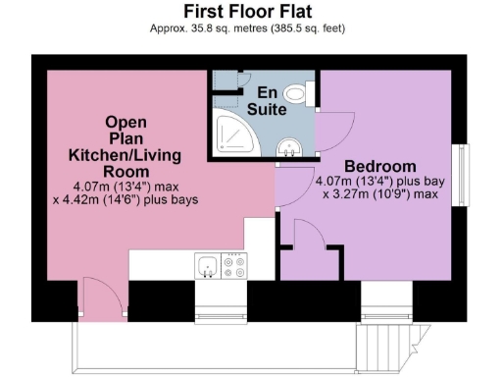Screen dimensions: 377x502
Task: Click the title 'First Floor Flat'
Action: (250, 11)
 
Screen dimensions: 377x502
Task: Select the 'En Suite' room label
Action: (265, 100)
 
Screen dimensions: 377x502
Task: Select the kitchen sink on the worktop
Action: (207, 266)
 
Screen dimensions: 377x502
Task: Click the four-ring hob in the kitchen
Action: (236, 266)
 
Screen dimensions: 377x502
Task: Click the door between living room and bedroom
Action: (290, 187)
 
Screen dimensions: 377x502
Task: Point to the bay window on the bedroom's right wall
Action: (458, 175)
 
